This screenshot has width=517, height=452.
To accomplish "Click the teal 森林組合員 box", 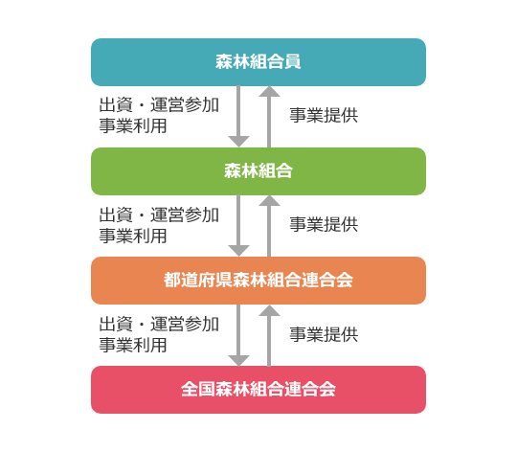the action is pos(258,62).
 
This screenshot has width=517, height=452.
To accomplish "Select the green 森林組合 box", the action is pos(258,171).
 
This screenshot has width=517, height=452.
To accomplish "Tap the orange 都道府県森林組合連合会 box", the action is pos(258,281).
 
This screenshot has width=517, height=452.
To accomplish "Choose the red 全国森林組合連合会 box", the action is pos(258,390).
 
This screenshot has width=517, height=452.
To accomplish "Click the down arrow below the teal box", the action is pos(238,117).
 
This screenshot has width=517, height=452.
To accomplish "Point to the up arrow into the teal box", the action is pos(269,117).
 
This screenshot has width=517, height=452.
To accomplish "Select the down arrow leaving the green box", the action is pos(238,225).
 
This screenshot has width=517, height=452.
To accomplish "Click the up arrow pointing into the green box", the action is pos(269,226).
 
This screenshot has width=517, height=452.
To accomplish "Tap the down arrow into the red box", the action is pos(238,335).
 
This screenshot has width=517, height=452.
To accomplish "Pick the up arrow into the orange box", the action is pos(269,335).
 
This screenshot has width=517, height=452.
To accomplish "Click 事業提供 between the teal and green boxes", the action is pos(324,115).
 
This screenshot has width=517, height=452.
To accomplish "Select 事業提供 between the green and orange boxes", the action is pos(324,224).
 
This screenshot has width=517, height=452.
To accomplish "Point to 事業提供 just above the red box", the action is pos(324,334).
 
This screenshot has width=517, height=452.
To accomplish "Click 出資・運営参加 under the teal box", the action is pos(159,104).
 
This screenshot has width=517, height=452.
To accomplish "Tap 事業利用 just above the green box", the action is pos(133,126).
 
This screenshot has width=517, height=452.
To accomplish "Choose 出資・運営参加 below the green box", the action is pos(159,215).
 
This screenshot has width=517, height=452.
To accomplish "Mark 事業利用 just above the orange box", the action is pos(133,236).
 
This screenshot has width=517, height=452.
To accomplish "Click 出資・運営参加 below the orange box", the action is pos(159,324).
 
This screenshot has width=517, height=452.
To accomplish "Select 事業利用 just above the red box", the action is pos(133,345).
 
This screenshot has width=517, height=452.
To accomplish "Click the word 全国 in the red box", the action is pos(198,390).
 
